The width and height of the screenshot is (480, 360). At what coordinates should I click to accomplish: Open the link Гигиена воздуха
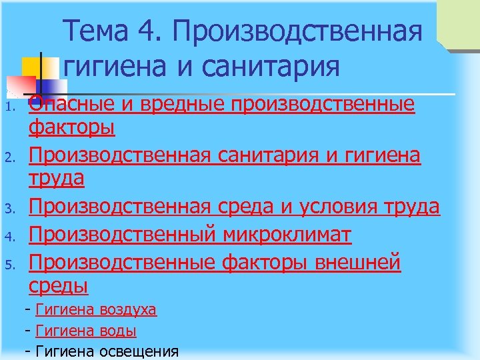point(96,309)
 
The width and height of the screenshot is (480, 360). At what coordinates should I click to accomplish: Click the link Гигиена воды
point(86,330)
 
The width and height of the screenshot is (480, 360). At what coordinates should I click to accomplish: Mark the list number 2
point(9,158)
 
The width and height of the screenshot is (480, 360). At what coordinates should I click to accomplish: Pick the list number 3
point(9,209)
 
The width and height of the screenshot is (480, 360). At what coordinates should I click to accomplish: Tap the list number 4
point(9,237)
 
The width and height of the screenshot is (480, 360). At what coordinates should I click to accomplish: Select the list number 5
point(9,265)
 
